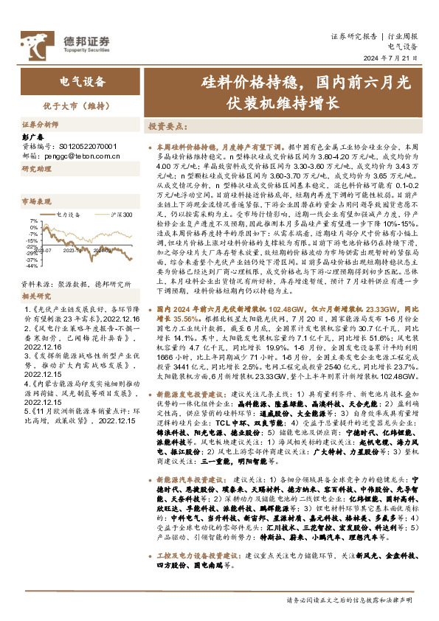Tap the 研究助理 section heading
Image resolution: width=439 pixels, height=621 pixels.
click(x=34, y=169)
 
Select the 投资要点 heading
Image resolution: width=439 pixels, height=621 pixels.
click(x=166, y=126)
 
